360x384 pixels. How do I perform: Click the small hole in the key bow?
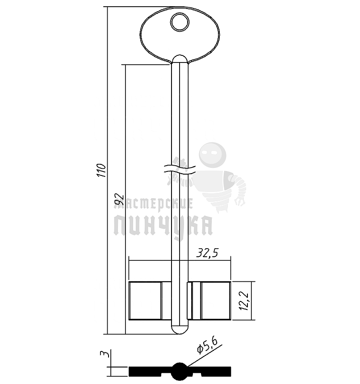180,22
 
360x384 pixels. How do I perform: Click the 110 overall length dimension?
101,170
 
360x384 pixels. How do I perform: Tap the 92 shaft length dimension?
120,199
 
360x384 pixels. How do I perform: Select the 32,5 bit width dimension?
207,253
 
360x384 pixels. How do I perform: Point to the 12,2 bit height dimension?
244,301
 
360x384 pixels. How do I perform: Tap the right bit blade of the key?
209,301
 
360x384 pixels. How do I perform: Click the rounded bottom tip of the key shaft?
180,330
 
